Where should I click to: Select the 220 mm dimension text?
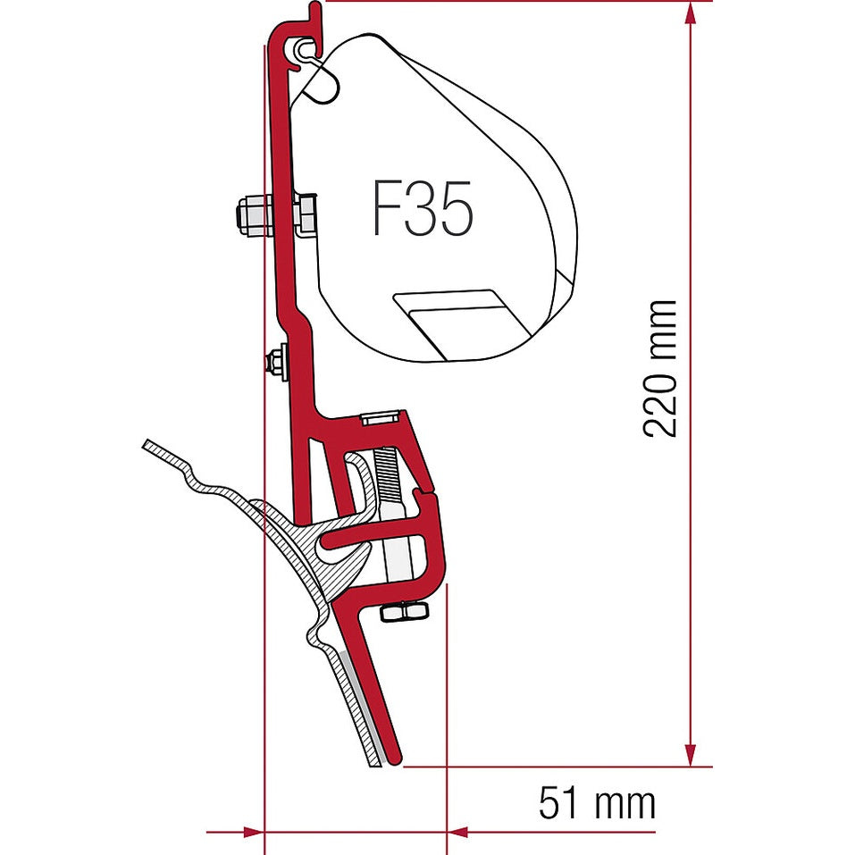pos(661,368)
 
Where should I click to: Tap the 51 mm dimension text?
pos(596,802)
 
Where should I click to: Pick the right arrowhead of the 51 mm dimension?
pos(458,831)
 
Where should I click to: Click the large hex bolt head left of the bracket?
pos(253,215)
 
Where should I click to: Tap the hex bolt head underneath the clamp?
pos(404,611)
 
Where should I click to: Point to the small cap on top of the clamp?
pos(381,418)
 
